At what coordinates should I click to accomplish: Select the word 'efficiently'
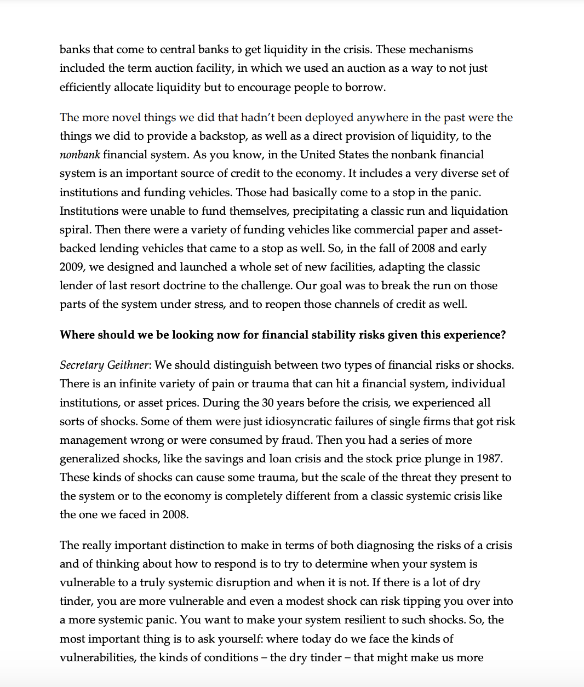tap(85, 88)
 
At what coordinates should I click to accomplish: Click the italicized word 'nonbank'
tap(79, 155)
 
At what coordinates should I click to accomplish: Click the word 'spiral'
tap(76, 230)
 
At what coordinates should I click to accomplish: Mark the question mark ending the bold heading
tap(503, 335)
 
